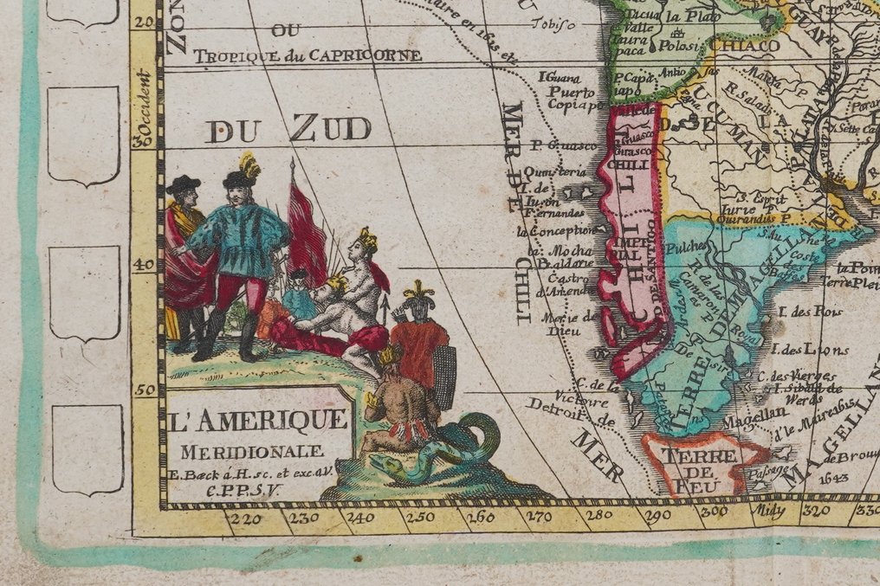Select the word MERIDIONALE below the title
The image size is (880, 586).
click(x=254, y=450)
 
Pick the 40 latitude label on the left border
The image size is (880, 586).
click(x=146, y=267)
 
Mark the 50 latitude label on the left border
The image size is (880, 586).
click(x=146, y=390)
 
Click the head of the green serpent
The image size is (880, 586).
click(x=388, y=465)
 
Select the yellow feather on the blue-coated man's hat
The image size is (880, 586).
click(x=249, y=164)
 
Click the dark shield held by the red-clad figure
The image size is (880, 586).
click(x=444, y=377)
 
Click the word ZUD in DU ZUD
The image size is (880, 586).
click(x=329, y=130)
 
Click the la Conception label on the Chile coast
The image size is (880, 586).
click(x=553, y=231)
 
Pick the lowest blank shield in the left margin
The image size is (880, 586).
click(x=87, y=449)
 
